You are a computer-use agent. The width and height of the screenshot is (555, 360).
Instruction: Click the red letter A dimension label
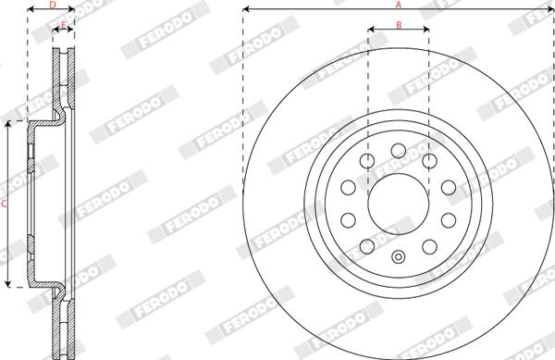[399, 5]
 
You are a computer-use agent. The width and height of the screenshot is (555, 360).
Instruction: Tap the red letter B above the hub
[399, 25]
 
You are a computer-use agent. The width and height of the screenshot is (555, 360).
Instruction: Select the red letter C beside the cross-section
[4, 204]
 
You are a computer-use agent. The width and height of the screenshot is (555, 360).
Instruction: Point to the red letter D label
[53, 5]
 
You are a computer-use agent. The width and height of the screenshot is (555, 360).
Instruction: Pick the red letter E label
[63, 25]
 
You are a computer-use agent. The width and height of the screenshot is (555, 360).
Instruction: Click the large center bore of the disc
[399, 204]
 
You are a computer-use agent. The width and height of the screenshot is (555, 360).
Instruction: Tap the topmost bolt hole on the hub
[399, 151]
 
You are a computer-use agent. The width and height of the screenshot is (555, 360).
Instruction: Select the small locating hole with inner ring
[399, 257]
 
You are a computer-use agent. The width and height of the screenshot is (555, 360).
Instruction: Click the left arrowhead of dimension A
[246, 9]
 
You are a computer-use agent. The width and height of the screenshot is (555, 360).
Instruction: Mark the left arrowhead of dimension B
[371, 30]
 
